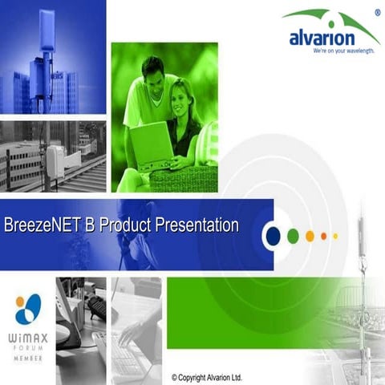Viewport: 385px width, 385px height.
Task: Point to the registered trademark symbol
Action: pos(377,13)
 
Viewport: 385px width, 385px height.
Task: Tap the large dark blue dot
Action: pos(273,236)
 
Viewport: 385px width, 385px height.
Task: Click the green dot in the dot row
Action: pos(294,236)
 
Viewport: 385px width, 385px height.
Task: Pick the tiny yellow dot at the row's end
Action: pos(335,236)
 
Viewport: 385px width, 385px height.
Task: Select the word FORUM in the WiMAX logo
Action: pos(28,350)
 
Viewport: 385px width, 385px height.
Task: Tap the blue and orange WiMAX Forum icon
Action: pos(28,308)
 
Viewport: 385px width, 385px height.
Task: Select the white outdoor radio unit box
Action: pos(55,160)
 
